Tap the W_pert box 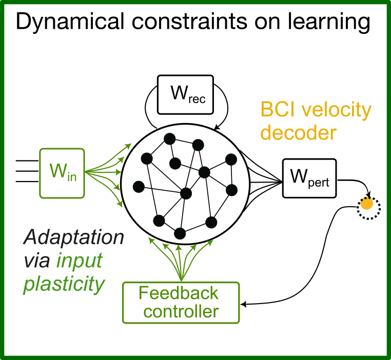click(x=309, y=177)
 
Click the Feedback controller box click(x=181, y=302)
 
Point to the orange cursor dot click(x=366, y=204)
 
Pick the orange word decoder click(x=298, y=133)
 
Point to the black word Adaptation click(x=73, y=238)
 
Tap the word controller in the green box click(x=181, y=311)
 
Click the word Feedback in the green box click(x=179, y=293)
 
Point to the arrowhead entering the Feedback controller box click(x=243, y=305)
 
